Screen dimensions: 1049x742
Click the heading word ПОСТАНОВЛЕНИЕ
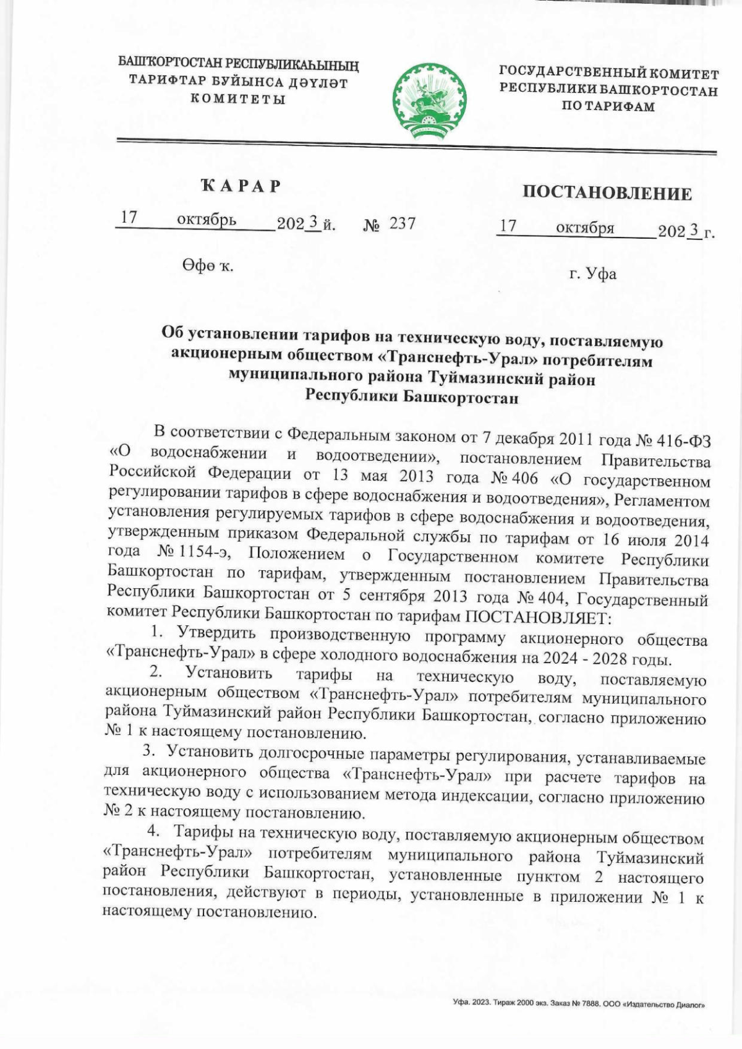pos(607,194)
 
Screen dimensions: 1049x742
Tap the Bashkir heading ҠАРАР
pos(241,186)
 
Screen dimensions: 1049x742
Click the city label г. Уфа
pos(592,273)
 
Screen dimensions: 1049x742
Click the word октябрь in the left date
pos(207,220)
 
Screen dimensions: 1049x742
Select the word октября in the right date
pos(584,228)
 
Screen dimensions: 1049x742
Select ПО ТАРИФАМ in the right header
pos(608,106)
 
